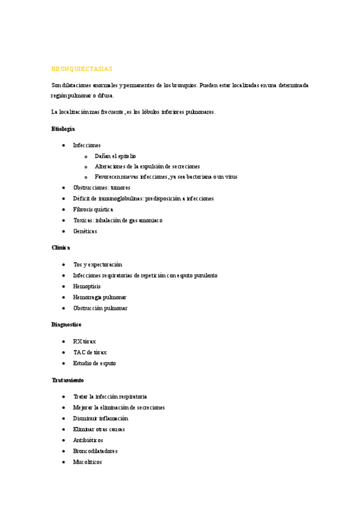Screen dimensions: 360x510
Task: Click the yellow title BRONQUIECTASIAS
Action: click(82, 69)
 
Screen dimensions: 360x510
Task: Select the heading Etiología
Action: click(63, 129)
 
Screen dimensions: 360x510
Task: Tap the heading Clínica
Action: click(61, 248)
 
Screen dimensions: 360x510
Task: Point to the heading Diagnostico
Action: click(66, 325)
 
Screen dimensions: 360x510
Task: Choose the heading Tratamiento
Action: click(67, 380)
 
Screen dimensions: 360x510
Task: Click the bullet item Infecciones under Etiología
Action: click(87, 145)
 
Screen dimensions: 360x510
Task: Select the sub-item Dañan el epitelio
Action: click(115, 156)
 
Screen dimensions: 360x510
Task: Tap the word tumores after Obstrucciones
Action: click(120, 188)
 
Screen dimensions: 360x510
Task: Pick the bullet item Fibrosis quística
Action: click(93, 209)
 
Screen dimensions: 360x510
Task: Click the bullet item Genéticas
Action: click(85, 231)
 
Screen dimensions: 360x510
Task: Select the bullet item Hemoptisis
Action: click(87, 286)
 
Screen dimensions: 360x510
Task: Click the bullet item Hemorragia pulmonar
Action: click(100, 297)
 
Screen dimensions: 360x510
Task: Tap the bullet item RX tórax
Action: click(84, 342)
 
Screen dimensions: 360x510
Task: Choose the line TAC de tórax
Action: click(90, 352)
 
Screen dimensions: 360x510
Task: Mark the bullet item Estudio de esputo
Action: click(94, 363)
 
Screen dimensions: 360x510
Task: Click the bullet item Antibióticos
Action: click(88, 440)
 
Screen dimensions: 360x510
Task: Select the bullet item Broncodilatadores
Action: click(95, 451)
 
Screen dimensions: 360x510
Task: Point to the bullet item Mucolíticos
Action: click(87, 462)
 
